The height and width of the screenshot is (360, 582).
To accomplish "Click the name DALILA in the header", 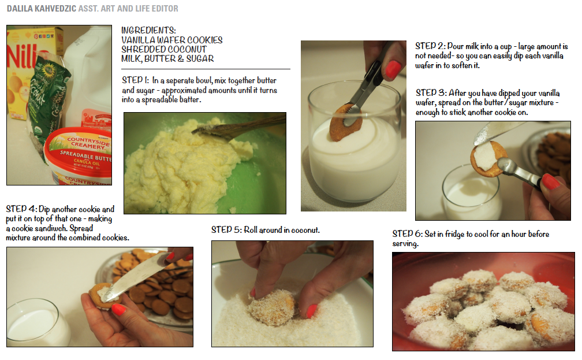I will [x=21, y=9].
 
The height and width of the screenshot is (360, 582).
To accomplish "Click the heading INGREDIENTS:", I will [x=148, y=31].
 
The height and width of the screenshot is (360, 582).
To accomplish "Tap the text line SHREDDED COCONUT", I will [x=163, y=49].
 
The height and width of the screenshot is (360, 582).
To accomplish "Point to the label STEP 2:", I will [x=429, y=46].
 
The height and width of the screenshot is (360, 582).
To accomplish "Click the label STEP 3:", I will [x=429, y=93].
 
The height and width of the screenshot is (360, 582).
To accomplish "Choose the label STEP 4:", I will [x=21, y=209].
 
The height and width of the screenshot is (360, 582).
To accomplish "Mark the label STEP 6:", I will [x=406, y=234].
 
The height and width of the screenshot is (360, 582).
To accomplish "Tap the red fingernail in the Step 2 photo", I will [x=393, y=70].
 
